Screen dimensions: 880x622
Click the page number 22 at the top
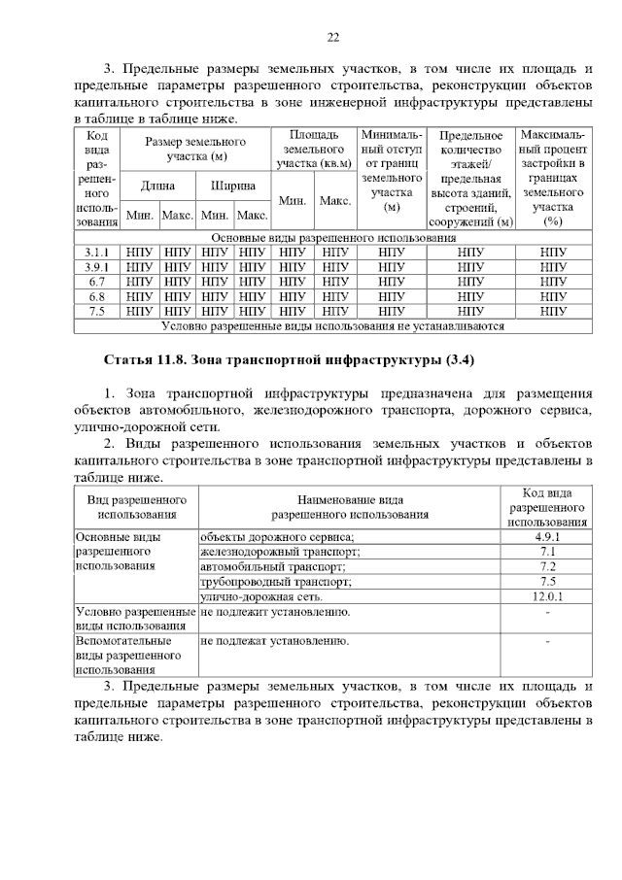(332, 37)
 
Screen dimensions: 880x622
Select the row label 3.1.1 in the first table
(96, 252)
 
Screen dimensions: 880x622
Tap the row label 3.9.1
(96, 266)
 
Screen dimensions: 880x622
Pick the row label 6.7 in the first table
(96, 281)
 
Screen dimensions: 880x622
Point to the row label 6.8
(96, 296)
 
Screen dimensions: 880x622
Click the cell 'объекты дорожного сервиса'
(277, 536)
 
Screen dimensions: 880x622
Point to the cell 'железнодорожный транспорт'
(281, 552)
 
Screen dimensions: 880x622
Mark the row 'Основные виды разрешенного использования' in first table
(333, 237)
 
